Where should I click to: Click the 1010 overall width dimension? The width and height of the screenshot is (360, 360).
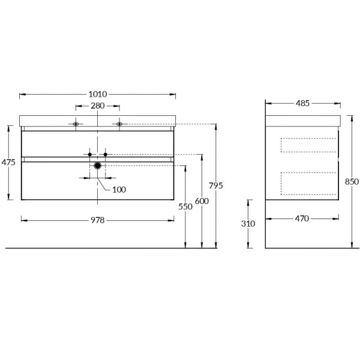point(98,94)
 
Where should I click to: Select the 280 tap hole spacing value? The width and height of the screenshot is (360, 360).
point(98,106)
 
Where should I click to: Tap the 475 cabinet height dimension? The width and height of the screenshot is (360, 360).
point(8,162)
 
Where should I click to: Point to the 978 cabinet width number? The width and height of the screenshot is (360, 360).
point(98,220)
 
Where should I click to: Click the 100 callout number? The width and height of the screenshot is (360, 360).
point(119,190)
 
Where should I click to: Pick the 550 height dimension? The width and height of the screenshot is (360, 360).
point(185,206)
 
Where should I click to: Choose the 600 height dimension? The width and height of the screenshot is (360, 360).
point(202,201)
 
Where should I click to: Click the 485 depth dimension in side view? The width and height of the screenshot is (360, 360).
point(302,103)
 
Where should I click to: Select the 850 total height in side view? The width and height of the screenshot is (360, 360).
point(352,182)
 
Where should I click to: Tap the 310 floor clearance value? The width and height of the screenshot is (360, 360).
point(248,223)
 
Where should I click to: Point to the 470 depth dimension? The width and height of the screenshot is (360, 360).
point(302,218)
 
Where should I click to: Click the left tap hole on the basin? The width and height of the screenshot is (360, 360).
point(76,124)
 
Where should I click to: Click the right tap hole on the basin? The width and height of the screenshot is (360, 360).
point(119,124)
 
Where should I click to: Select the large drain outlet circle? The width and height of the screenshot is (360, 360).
point(98,166)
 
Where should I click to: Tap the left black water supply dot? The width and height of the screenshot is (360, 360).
point(90,154)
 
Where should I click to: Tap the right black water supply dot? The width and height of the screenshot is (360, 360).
point(106,154)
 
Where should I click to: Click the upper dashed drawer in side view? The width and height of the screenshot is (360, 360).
point(308,145)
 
